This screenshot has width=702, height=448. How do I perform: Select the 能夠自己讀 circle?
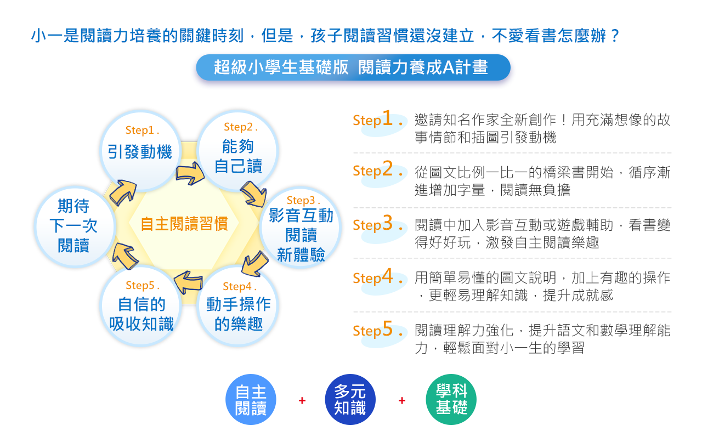point(238,151)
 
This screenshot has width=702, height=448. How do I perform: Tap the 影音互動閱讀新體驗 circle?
point(301,227)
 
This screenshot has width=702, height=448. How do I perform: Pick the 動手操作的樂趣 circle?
point(238,305)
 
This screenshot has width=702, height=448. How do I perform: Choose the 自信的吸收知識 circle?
point(141,305)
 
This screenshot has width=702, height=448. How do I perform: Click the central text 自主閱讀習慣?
point(184,224)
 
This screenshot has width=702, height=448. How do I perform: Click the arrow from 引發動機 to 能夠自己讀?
point(190,173)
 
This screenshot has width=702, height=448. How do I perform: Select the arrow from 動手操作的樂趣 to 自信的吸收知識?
point(188,281)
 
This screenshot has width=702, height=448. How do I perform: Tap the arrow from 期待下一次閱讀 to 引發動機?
point(123,192)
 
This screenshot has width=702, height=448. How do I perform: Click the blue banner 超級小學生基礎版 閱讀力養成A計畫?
point(353,67)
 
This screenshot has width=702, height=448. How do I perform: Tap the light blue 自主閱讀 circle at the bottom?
point(251,399)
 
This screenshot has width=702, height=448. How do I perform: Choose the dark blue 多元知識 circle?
point(350,399)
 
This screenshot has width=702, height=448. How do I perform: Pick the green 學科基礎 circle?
point(451,399)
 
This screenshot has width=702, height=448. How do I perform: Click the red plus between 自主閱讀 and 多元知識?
point(302,400)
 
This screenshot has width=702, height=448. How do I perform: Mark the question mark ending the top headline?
point(615,36)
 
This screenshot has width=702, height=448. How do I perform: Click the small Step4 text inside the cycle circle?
point(240,286)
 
